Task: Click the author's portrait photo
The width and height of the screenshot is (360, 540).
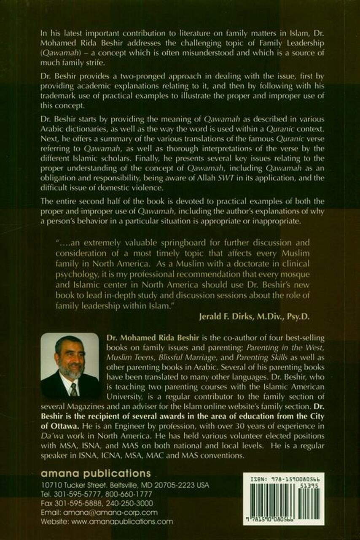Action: tap(70, 365)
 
